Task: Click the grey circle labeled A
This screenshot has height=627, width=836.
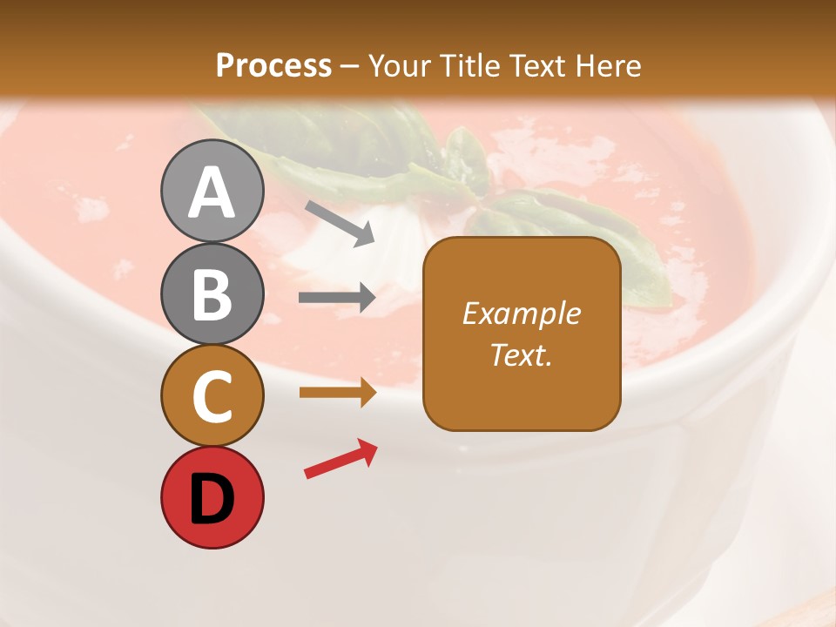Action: (212, 191)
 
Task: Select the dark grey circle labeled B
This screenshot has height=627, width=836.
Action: (212, 293)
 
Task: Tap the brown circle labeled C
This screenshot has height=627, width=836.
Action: (212, 395)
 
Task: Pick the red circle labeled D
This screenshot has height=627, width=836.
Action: (212, 497)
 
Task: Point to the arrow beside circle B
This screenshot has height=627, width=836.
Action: (337, 298)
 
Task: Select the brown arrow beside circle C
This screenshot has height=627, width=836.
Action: (337, 393)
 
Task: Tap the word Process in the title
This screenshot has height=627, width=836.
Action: (273, 65)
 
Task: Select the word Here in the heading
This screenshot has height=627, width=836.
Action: (609, 65)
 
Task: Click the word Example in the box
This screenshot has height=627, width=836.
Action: (522, 313)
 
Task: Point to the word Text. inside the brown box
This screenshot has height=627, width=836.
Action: (522, 354)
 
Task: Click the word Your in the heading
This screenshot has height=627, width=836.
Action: (399, 65)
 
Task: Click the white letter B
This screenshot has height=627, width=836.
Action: (212, 294)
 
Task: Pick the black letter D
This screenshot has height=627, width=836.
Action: (212, 498)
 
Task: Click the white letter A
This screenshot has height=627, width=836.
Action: (212, 192)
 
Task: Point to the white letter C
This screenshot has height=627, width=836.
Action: (212, 396)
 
